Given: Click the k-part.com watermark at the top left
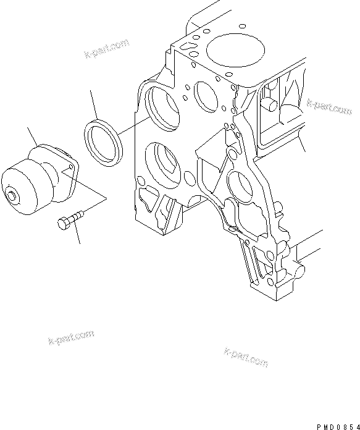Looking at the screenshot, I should tap(106, 48).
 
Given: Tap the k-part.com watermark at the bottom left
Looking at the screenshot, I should tap(70, 337).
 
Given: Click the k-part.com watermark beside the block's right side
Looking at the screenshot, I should tap(329, 106).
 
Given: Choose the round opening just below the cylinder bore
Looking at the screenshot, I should tap(204, 93).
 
